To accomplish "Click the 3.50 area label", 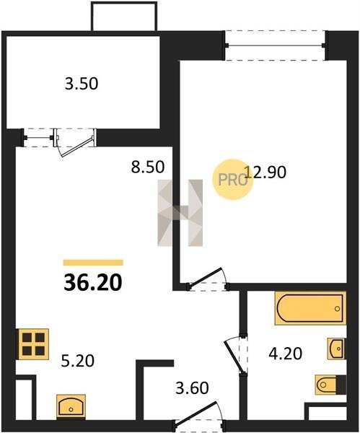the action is pyautogui.click(x=82, y=84).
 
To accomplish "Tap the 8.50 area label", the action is pyautogui.click(x=148, y=167).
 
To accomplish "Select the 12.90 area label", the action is pyautogui.click(x=265, y=172).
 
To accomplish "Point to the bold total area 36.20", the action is pyautogui.click(x=93, y=283).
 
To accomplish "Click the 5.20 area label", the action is pyautogui.click(x=78, y=361).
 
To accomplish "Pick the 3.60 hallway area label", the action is pyautogui.click(x=192, y=388).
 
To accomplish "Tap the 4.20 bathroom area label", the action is pyautogui.click(x=286, y=354).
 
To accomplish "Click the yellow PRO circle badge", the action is pyautogui.click(x=233, y=180).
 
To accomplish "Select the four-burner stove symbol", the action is pyautogui.click(x=33, y=344).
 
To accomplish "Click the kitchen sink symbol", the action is pyautogui.click(x=71, y=407).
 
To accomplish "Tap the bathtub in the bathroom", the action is pyautogui.click(x=310, y=308).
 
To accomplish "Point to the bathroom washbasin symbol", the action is pyautogui.click(x=336, y=349).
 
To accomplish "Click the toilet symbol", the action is pyautogui.click(x=330, y=385).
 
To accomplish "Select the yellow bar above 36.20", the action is pyautogui.click(x=93, y=263).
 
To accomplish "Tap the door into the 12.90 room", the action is pyautogui.click(x=208, y=279).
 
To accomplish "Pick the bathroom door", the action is pyautogui.click(x=235, y=355).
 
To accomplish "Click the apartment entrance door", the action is pyautogui.click(x=198, y=415).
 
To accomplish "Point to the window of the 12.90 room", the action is pyautogui.click(x=276, y=45).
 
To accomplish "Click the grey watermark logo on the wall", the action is pyautogui.click(x=180, y=213).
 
